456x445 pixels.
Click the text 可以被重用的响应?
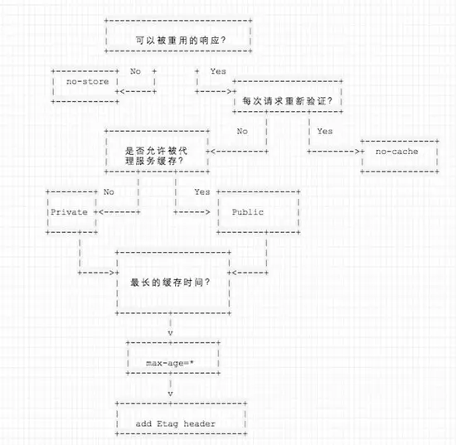[181, 41]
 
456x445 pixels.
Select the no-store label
[88, 82]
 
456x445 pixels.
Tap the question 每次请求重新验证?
[288, 101]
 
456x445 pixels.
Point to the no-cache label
[396, 152]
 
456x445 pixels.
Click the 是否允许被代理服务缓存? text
[156, 156]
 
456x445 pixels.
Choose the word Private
[69, 212]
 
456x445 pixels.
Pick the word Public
[248, 212]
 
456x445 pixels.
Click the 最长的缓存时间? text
[170, 283]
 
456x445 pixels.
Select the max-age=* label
[170, 363]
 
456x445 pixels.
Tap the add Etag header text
[176, 423]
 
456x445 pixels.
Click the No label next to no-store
[135, 71]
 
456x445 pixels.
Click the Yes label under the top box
[218, 71]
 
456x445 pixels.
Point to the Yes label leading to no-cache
[325, 132]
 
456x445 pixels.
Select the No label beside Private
[109, 191]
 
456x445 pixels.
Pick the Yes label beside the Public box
[202, 191]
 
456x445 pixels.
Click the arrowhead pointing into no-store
[123, 91]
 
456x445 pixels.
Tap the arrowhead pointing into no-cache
[357, 152]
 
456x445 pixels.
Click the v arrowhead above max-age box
[171, 333]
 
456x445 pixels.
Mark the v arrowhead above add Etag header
[171, 394]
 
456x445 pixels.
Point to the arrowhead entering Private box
[101, 212]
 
